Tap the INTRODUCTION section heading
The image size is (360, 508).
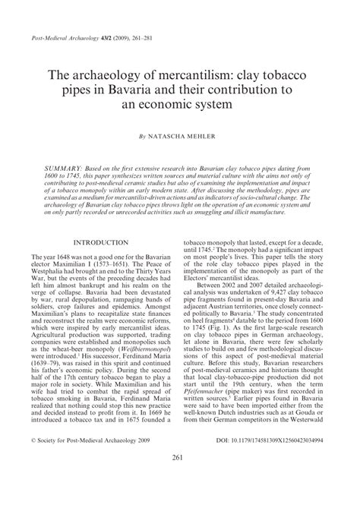[99, 243]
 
